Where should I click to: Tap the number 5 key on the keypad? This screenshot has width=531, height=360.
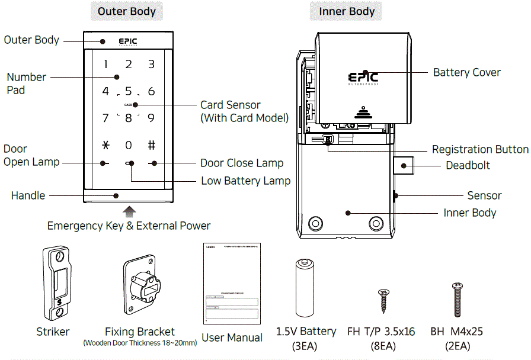point(129,91)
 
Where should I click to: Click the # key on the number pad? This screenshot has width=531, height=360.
point(151,145)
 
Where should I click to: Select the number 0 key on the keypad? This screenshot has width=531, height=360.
point(129,145)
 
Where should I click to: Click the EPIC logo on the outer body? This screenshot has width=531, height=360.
point(128,41)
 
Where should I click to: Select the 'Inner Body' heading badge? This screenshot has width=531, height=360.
point(347,11)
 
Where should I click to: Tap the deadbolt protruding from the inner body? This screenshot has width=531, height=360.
point(404,165)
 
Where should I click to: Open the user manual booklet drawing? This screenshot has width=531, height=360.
point(232,283)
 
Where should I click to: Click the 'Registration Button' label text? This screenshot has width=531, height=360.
point(479,149)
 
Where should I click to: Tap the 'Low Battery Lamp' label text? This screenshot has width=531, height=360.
point(245,181)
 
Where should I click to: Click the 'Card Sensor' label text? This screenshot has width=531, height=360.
point(231,105)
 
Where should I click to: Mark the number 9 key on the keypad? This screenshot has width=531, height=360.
point(151,118)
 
